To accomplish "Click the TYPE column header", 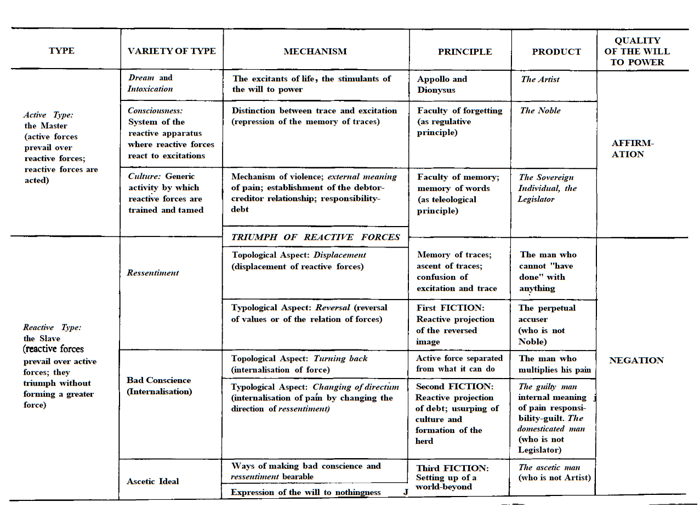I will [x=61, y=50].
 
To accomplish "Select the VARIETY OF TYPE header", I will [x=172, y=51].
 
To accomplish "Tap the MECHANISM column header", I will [x=315, y=52].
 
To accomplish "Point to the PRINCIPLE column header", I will [x=465, y=52].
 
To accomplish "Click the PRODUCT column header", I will [x=556, y=52].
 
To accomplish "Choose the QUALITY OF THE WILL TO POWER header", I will [x=637, y=51].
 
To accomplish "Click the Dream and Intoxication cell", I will [x=150, y=83].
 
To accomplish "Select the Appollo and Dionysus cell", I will [x=442, y=84].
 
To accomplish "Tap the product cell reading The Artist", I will [x=540, y=80].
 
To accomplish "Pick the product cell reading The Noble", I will [x=540, y=111].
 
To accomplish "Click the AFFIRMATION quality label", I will [x=633, y=149].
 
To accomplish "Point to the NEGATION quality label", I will [x=636, y=360].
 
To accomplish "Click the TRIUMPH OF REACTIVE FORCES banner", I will [x=315, y=237].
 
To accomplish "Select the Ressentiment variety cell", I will [x=153, y=273].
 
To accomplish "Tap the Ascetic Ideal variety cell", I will [x=153, y=481].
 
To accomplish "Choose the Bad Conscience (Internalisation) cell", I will [x=159, y=386].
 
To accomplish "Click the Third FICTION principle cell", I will [x=452, y=477].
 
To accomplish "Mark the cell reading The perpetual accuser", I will [x=547, y=324].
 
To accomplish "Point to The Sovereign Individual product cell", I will [x=547, y=188].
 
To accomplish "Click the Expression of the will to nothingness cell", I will [x=305, y=492].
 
